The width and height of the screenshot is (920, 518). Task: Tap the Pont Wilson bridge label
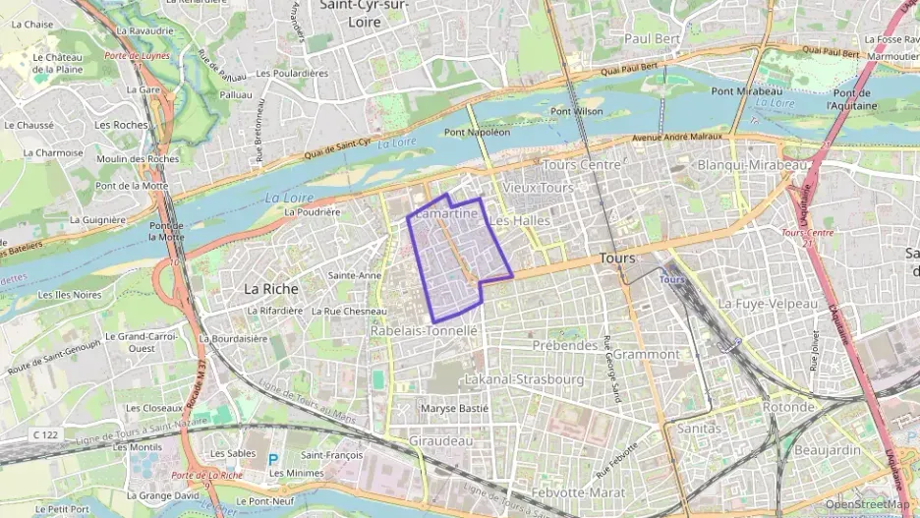coord(576,111)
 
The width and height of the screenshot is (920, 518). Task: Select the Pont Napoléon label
coord(477,132)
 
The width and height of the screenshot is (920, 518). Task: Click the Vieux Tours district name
coord(537,187)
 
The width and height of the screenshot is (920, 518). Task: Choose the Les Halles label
coord(519,221)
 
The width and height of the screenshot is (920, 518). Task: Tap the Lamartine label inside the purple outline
coord(447,213)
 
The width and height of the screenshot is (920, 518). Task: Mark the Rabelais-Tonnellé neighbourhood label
coord(424,331)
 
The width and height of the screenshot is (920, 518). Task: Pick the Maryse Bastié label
coord(453,408)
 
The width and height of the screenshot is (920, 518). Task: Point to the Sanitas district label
coord(699,429)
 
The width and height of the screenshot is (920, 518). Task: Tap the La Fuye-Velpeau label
coord(768,304)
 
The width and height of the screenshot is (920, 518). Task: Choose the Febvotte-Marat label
coord(577,491)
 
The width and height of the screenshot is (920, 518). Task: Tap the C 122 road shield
coord(43,433)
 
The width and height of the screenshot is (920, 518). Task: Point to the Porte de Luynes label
coord(137,56)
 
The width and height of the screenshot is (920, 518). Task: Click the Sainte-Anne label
coord(354,275)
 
